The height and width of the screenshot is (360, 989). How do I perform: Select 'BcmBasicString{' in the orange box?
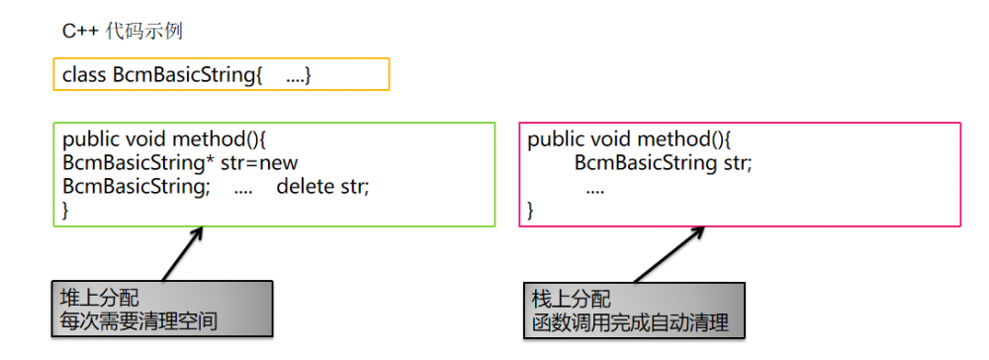point(187,75)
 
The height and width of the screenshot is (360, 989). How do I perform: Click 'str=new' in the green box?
point(259,162)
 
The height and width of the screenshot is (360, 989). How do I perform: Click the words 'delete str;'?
point(322,186)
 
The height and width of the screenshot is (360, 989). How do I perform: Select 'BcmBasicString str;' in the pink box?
point(664,162)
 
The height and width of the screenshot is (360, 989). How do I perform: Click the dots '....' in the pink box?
point(595,186)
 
